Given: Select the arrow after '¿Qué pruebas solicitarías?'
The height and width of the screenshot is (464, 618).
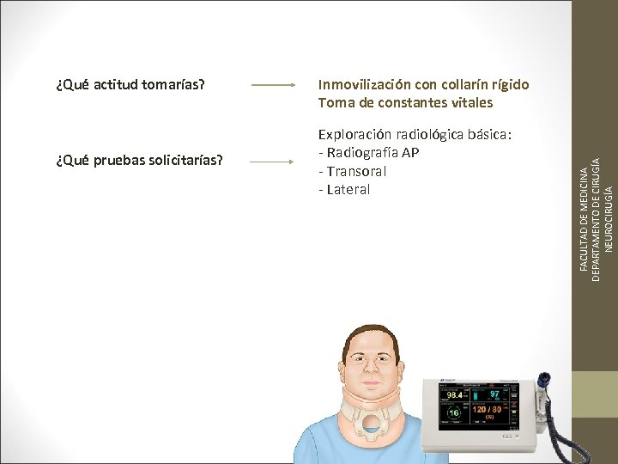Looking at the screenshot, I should coord(273,161).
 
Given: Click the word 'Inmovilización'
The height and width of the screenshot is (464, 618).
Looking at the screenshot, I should coord(364,85).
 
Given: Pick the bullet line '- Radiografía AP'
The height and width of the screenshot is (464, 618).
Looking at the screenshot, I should coord(368,153).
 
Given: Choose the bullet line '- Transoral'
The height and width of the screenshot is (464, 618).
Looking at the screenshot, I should coord(352,171).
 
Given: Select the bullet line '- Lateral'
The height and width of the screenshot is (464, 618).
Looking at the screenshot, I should coord(343,189).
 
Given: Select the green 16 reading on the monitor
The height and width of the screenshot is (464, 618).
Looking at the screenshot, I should coord(452,413).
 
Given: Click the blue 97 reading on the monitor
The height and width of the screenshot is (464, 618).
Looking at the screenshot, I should coord(494,394).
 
